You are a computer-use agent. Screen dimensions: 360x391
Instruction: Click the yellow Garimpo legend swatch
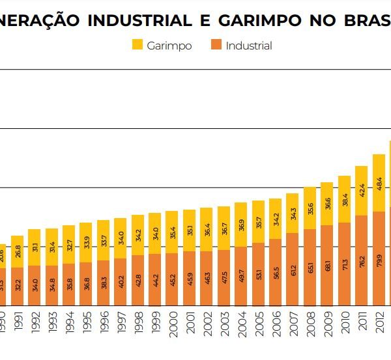tap(138, 46)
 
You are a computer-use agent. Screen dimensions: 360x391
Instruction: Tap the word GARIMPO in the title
tap(254, 20)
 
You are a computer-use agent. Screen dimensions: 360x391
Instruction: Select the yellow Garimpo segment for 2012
tap(379, 183)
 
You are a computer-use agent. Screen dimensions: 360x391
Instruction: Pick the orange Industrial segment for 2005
tap(259, 273)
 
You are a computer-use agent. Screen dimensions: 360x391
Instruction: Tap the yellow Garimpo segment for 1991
tap(18, 251)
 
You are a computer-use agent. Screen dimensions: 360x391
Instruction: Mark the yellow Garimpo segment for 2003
tap(224, 228)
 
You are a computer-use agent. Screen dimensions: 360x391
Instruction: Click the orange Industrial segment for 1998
tap(138, 280)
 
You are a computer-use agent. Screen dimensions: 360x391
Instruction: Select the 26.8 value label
tap(18, 251)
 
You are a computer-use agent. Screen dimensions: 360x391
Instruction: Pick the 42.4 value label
tap(362, 191)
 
